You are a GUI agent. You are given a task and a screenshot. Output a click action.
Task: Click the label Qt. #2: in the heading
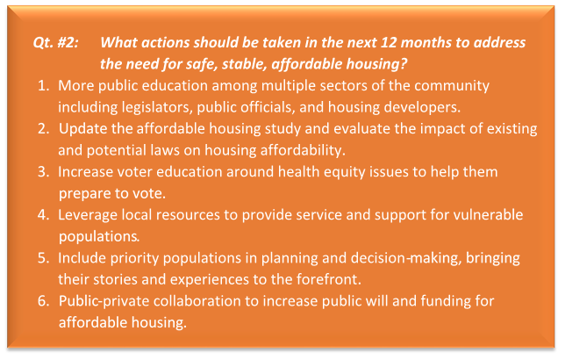[56, 43]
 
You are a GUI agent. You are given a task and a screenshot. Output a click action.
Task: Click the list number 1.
[44, 86]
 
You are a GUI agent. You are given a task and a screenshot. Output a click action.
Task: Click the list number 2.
[44, 129]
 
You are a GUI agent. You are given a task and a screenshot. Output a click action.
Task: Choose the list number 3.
[44, 172]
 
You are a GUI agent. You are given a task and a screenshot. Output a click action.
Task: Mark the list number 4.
[44, 215]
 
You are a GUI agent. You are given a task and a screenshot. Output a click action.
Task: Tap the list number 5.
[44, 258]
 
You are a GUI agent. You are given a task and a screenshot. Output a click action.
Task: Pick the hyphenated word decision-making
[406, 258]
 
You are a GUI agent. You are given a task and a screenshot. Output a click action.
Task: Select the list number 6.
[44, 301]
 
